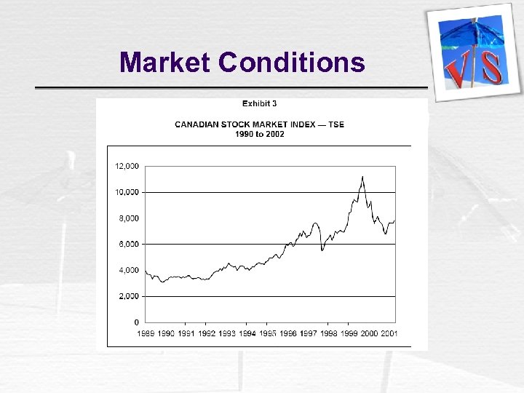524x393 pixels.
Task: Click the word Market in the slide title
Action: coord(165,63)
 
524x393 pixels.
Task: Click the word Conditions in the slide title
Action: coord(291,63)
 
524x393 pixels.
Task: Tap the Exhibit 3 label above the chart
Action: coord(259,104)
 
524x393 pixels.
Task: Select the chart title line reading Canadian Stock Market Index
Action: coord(259,124)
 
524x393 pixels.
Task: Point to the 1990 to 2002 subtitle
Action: coord(259,134)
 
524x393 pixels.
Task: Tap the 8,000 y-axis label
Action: coord(128,218)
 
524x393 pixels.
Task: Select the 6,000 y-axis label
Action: coord(128,244)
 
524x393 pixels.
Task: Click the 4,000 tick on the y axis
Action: coord(128,270)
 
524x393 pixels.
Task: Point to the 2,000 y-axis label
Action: coord(128,296)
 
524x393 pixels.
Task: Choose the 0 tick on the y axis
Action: coord(136,322)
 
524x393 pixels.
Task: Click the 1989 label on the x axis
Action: coord(146,333)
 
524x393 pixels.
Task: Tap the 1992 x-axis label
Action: coord(207,333)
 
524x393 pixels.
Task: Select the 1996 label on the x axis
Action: coord(288,333)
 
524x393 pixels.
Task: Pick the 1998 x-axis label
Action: coord(329,333)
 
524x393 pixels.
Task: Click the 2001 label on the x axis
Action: coord(389,333)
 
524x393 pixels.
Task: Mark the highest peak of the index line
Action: coord(362,176)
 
